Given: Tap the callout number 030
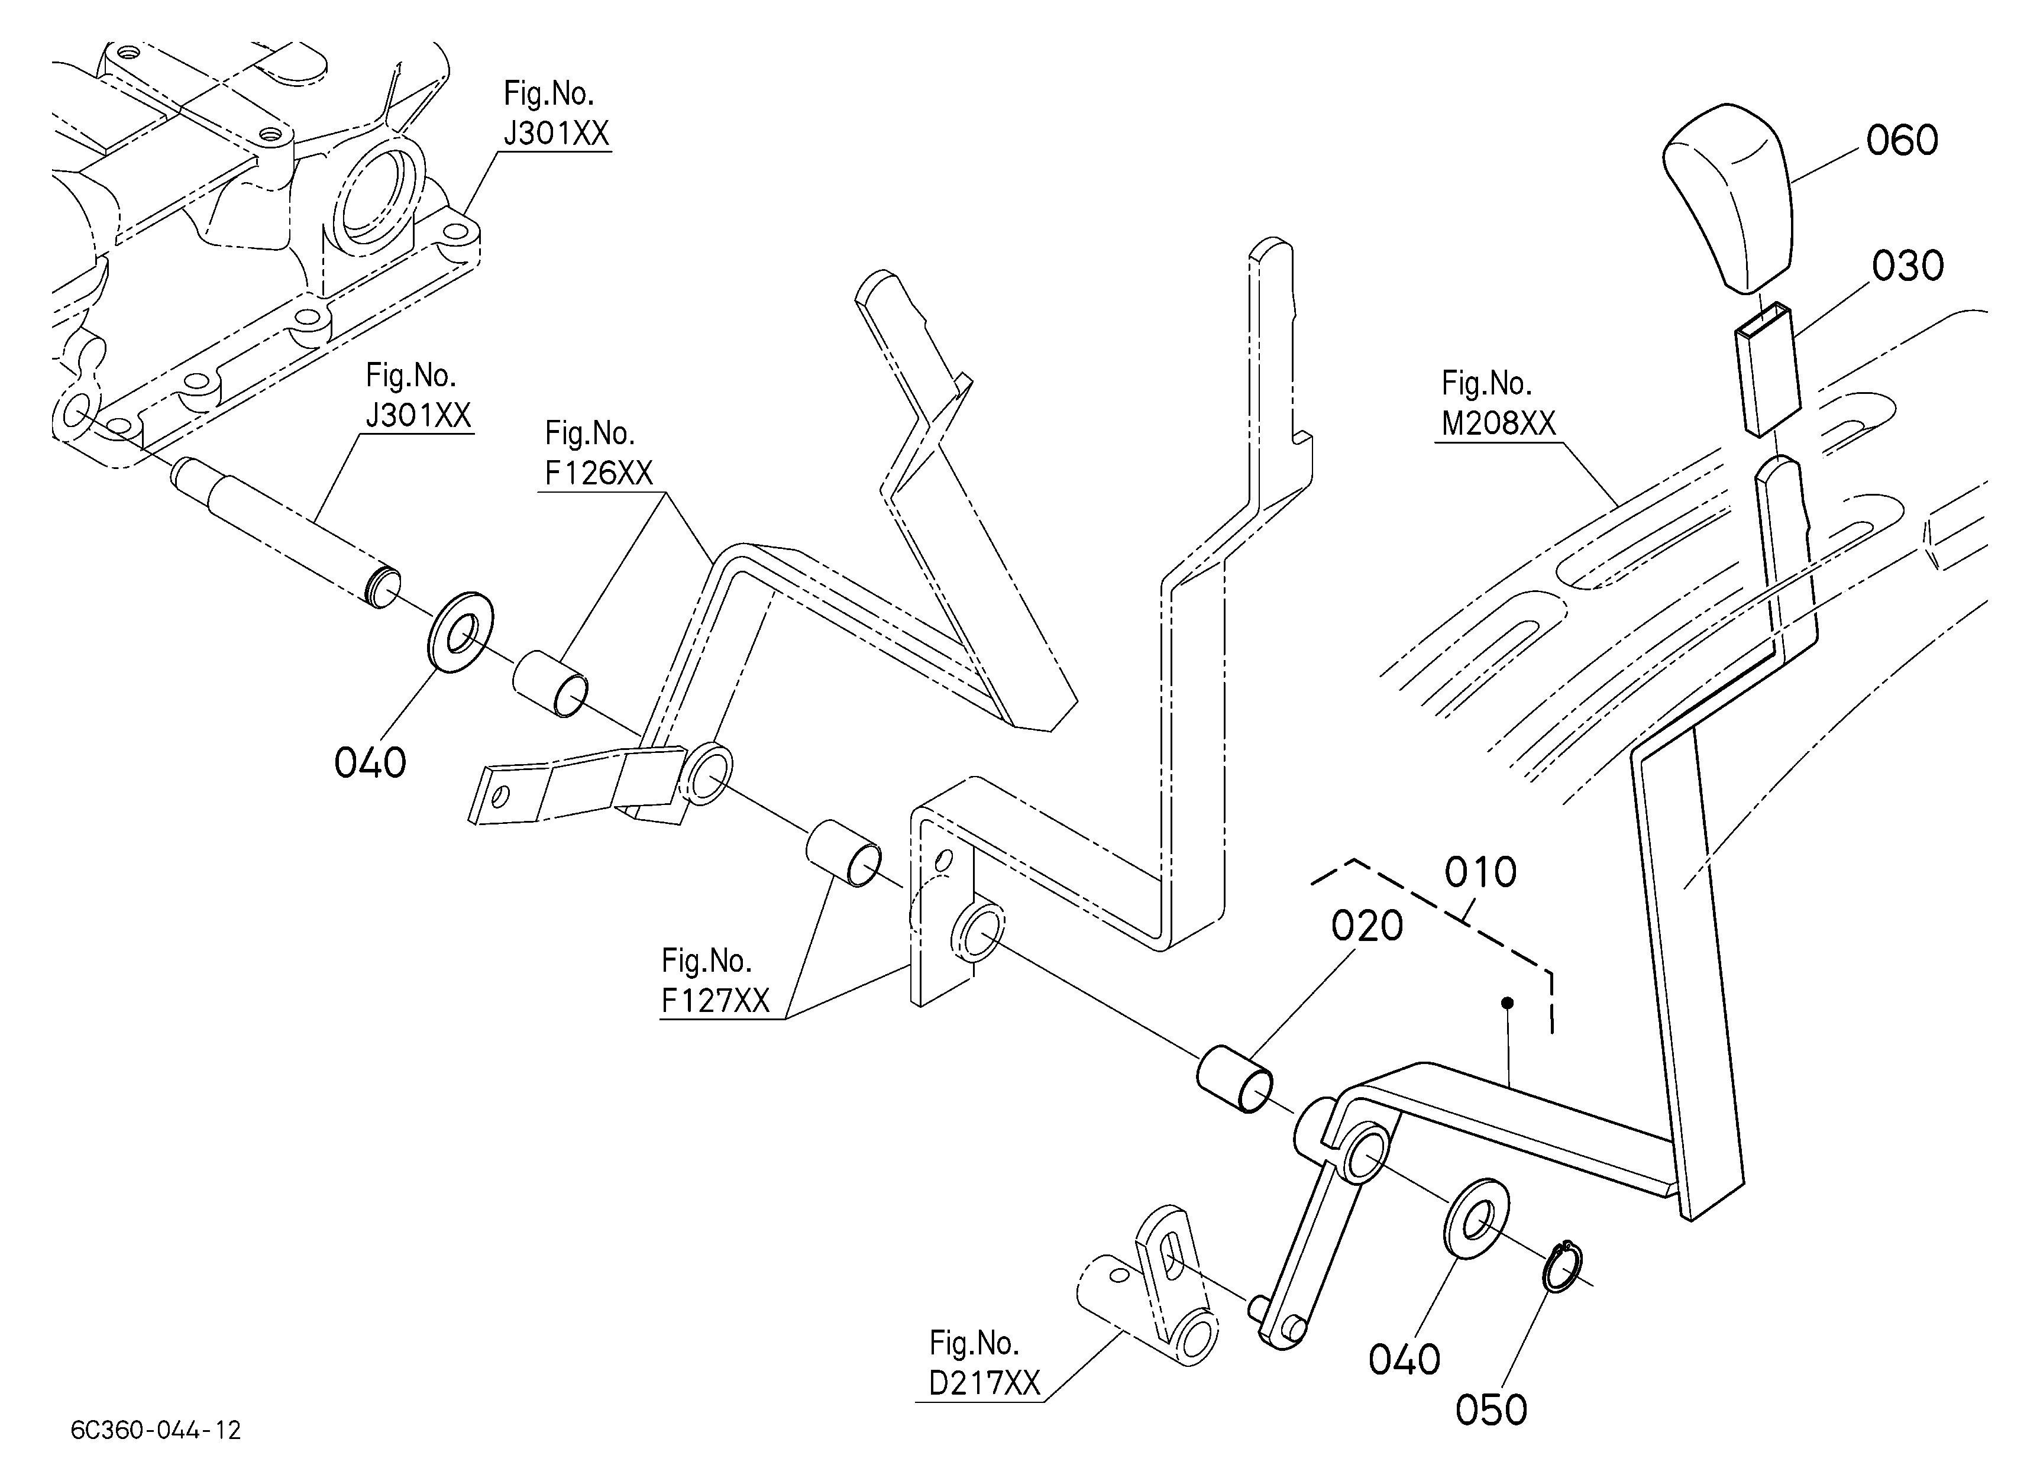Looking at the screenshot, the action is tap(1908, 266).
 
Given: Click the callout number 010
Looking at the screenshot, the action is tap(1480, 872).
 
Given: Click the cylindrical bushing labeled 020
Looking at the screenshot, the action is tap(1234, 1079).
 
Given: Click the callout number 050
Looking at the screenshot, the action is tap(1491, 1410).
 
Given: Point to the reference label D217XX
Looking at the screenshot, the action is tap(985, 1383).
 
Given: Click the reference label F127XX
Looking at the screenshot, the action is tap(716, 1001).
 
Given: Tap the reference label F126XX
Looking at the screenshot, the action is tap(599, 473).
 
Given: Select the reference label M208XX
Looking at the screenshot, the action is tap(1499, 423).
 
